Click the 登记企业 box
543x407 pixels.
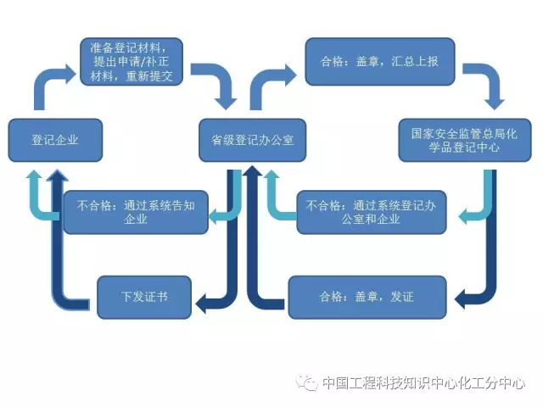coord(55,140)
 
